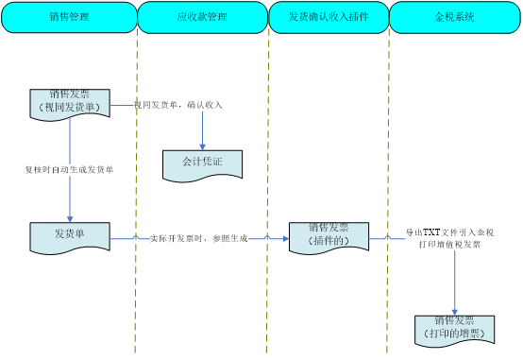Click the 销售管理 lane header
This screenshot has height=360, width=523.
pos(69,17)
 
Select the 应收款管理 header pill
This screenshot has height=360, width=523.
pos(202,17)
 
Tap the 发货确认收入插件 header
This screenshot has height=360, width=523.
pos(329,17)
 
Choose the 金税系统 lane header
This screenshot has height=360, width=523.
pos(455,17)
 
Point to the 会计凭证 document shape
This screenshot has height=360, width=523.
pos(202,163)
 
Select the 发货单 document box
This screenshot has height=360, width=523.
pos(69,236)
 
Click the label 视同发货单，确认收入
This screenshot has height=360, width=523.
pos(178,105)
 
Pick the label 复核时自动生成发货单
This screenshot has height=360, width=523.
pos(69,170)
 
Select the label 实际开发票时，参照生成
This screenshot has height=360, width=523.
pos(198,239)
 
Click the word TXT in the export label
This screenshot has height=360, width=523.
pos(431,232)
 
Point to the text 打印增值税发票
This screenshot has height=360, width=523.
pos(449,245)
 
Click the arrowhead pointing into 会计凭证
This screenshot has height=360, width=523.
pos(202,146)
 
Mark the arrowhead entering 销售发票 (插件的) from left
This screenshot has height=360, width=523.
pos(285,239)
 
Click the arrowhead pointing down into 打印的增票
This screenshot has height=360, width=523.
pos(454,311)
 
